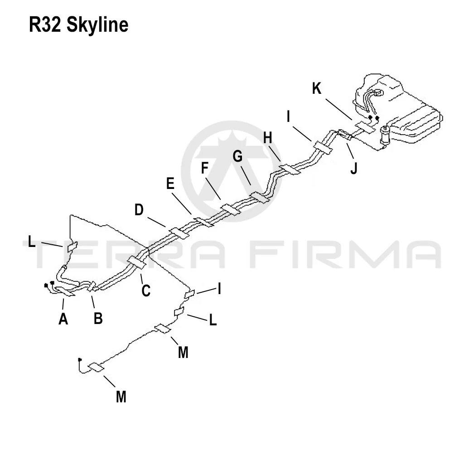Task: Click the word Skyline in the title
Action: tap(97, 25)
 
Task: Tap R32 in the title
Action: tap(45, 24)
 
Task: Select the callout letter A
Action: tap(63, 319)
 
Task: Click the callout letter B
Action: tap(98, 319)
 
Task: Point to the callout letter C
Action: tap(146, 290)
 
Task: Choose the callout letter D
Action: tap(139, 210)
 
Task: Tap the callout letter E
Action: tap(170, 184)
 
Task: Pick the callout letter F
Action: tap(204, 168)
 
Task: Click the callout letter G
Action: tap(237, 156)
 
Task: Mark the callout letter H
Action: tap(267, 138)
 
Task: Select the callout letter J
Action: tap(353, 169)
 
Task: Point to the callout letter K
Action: tap(317, 88)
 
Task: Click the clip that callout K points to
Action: tap(366, 127)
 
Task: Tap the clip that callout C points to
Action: tap(137, 262)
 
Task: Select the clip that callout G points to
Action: tap(260, 198)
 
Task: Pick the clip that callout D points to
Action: tap(179, 233)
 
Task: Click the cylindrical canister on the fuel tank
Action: tap(386, 134)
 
